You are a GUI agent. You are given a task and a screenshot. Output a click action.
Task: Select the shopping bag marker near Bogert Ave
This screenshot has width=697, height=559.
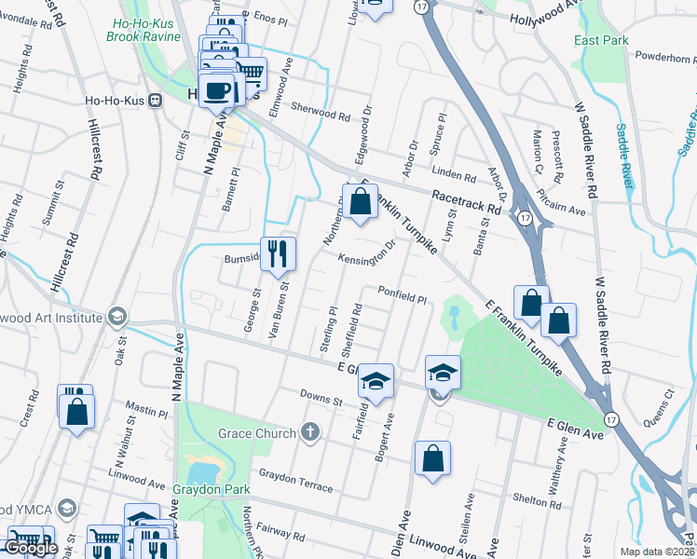[x=432, y=458]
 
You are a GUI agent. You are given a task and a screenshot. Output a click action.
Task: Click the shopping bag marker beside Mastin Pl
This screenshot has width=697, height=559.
[x=77, y=410]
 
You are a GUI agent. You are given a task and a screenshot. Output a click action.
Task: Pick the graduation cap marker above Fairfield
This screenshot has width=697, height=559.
[x=376, y=381]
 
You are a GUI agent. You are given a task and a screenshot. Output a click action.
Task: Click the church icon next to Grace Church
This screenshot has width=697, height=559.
[x=310, y=432]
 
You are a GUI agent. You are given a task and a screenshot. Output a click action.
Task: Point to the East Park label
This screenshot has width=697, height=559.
[x=601, y=40]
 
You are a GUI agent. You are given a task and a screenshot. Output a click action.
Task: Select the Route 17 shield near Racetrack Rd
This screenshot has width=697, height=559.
[x=526, y=218]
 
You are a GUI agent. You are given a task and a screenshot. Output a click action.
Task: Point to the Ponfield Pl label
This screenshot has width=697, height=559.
[x=402, y=295]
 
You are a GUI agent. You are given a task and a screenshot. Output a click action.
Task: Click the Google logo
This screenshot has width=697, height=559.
[x=31, y=548]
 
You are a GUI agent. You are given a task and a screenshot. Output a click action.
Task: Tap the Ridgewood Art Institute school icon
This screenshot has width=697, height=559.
[x=117, y=317]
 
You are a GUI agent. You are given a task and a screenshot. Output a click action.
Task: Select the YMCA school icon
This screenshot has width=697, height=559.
[x=66, y=509]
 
